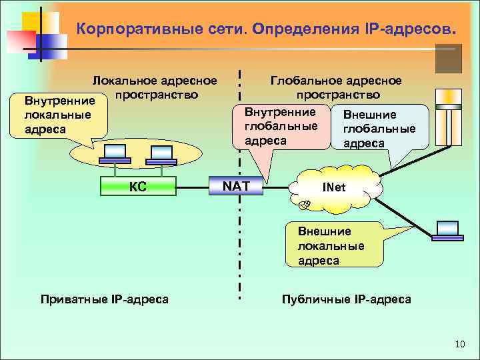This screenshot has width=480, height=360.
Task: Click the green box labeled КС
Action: click(138, 187)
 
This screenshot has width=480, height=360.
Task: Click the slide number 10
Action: click(459, 344)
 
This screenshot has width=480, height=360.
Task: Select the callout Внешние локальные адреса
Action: click(331, 245)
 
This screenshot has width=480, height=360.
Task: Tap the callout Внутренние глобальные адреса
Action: click(280, 125)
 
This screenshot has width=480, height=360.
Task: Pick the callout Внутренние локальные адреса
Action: click(56, 115)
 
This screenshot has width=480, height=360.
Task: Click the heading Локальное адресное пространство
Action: click(155, 87)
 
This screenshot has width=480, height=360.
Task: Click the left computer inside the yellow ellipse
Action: click(117, 153)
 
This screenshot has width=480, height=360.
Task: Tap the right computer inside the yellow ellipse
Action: click(159, 153)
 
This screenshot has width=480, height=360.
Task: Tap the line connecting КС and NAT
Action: click(193, 187)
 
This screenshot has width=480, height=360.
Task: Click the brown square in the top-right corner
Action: click(449, 59)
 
